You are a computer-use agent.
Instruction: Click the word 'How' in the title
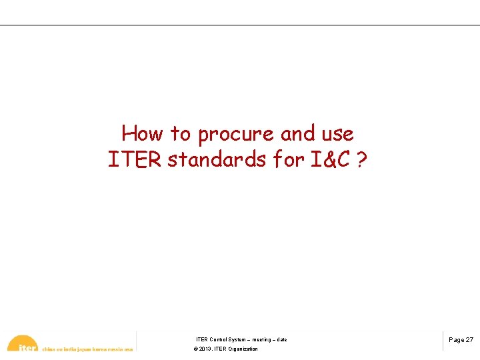point(142,134)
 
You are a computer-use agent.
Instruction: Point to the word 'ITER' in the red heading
point(135,161)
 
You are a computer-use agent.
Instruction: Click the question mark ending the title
point(362,161)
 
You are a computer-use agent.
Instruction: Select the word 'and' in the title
point(297,134)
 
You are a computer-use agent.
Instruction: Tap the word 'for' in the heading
point(287,161)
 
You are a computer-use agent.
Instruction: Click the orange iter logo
point(23,344)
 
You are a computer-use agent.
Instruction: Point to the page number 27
point(470,340)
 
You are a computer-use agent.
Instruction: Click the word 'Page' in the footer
point(457,340)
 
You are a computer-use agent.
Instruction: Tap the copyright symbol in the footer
point(195,349)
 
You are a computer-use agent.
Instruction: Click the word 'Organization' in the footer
point(243,349)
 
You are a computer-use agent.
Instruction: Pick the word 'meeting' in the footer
point(261,340)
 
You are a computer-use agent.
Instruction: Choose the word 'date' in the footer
point(282,340)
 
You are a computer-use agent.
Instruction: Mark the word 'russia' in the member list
point(114,349)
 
